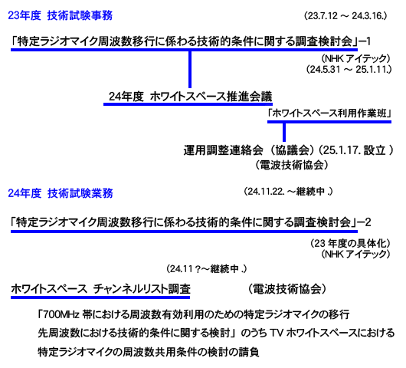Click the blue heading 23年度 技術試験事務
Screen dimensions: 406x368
(60, 15)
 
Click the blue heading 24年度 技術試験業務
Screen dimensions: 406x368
(61, 193)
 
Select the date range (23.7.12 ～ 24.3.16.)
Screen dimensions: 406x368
(345, 16)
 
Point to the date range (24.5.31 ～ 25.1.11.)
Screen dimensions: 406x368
(349, 70)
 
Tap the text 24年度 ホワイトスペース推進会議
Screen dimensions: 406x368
(190, 97)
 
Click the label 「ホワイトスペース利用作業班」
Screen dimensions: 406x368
(329, 113)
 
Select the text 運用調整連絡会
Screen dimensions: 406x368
(224, 150)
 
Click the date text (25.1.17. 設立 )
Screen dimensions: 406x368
(355, 150)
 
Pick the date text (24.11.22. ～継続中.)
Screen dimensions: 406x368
(288, 192)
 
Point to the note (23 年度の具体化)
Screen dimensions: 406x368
(350, 243)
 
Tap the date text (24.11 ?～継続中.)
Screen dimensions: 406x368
(207, 269)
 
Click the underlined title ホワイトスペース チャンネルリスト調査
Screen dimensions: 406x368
(100, 289)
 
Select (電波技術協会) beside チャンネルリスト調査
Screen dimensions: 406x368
(287, 289)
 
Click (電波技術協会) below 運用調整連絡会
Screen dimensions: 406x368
(292, 165)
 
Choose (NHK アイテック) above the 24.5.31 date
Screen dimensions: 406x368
(355, 58)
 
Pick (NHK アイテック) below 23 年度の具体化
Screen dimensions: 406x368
(355, 254)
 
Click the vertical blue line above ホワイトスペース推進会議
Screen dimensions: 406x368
(190, 70)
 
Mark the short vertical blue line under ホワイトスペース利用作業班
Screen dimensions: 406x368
(284, 132)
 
